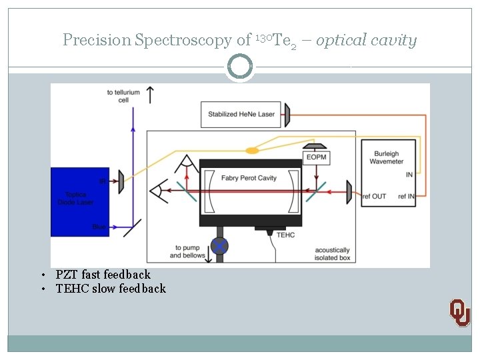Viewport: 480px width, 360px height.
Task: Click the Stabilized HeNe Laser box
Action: tap(241, 114)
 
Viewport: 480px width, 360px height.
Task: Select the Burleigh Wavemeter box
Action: tap(387, 172)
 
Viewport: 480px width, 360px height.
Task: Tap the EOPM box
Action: tap(315, 157)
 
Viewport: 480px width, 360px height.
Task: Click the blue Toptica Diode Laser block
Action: tap(79, 202)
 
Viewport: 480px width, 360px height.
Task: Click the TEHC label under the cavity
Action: tap(285, 235)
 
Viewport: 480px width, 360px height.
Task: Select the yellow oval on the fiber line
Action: tap(252, 151)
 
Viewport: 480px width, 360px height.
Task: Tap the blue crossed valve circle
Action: tap(219, 245)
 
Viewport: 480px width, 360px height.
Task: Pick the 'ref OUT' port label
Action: tap(373, 196)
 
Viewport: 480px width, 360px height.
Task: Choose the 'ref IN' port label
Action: tap(406, 196)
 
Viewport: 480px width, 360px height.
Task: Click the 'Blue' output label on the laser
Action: tap(99, 227)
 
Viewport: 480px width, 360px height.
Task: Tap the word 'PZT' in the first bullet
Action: tap(67, 275)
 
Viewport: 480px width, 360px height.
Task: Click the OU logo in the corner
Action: tap(459, 311)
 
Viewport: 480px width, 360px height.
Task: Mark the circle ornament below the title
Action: tap(240, 67)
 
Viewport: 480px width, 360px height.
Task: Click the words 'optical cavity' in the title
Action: tap(366, 41)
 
